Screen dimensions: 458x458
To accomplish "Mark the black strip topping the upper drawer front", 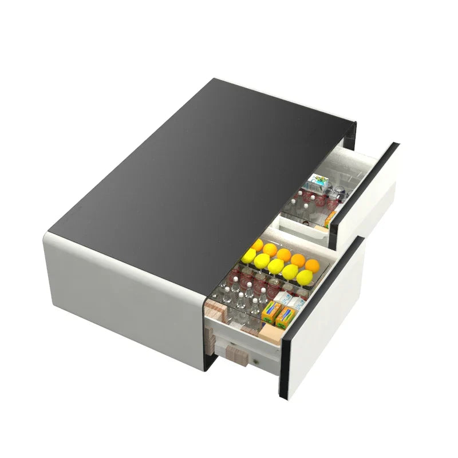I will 367,172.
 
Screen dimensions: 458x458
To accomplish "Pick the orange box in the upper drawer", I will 331,218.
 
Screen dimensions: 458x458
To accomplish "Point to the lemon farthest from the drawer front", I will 248,258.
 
